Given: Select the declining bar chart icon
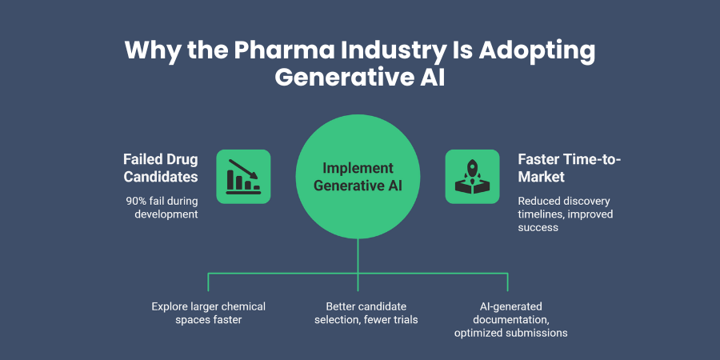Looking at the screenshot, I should (x=243, y=176).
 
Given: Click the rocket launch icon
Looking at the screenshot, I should (x=471, y=176).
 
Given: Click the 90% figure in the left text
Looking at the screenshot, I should (x=138, y=199).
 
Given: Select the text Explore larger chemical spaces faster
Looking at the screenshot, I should (x=208, y=313).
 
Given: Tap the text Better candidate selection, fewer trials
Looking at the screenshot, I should (x=358, y=313).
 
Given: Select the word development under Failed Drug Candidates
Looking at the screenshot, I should (x=164, y=214).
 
